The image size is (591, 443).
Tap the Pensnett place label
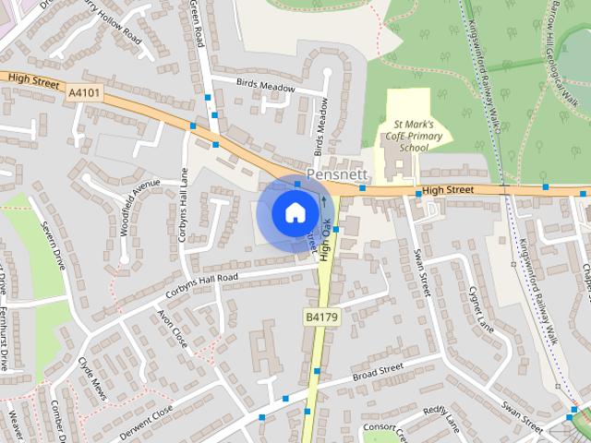tap(337, 174)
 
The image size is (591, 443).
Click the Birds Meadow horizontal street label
tap(265, 87)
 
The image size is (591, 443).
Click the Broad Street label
tap(379, 372)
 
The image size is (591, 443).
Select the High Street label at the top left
tap(32, 81)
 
